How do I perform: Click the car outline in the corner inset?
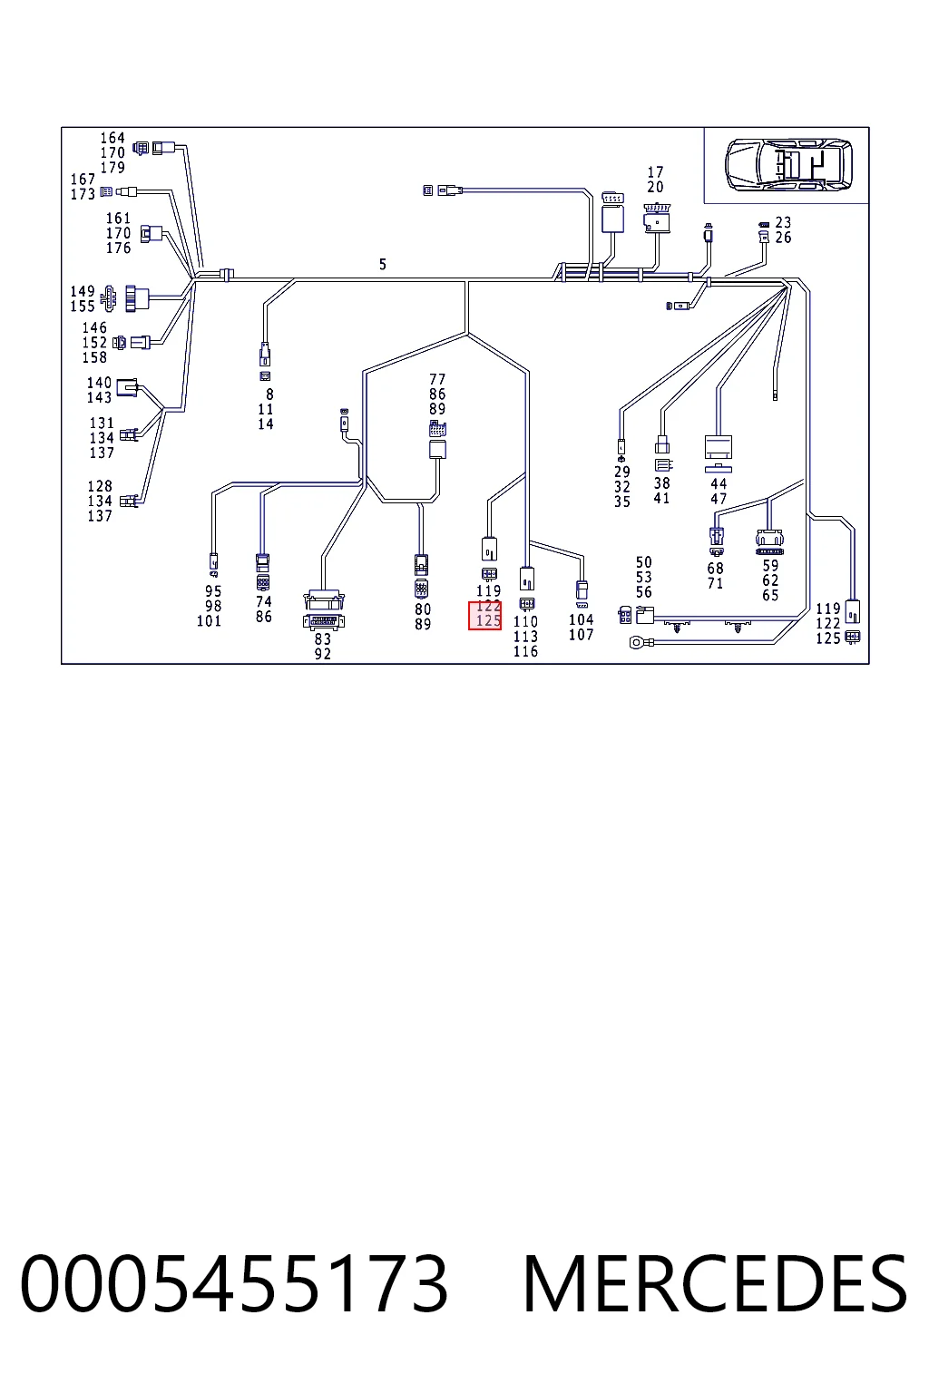[787, 165]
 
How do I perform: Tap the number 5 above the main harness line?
[383, 264]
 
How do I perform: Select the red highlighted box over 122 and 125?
[484, 614]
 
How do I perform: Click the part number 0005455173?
[233, 1284]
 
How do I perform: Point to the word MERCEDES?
[716, 1284]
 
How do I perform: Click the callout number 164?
[112, 138]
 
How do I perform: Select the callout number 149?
[83, 291]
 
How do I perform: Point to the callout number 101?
[209, 620]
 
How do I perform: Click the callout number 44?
[719, 483]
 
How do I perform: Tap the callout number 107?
[582, 634]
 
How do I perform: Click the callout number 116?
[526, 651]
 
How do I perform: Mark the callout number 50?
[643, 562]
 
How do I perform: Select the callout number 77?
[437, 379]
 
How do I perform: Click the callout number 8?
[269, 395]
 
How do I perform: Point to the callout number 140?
[99, 383]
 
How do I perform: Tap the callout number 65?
[770, 595]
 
